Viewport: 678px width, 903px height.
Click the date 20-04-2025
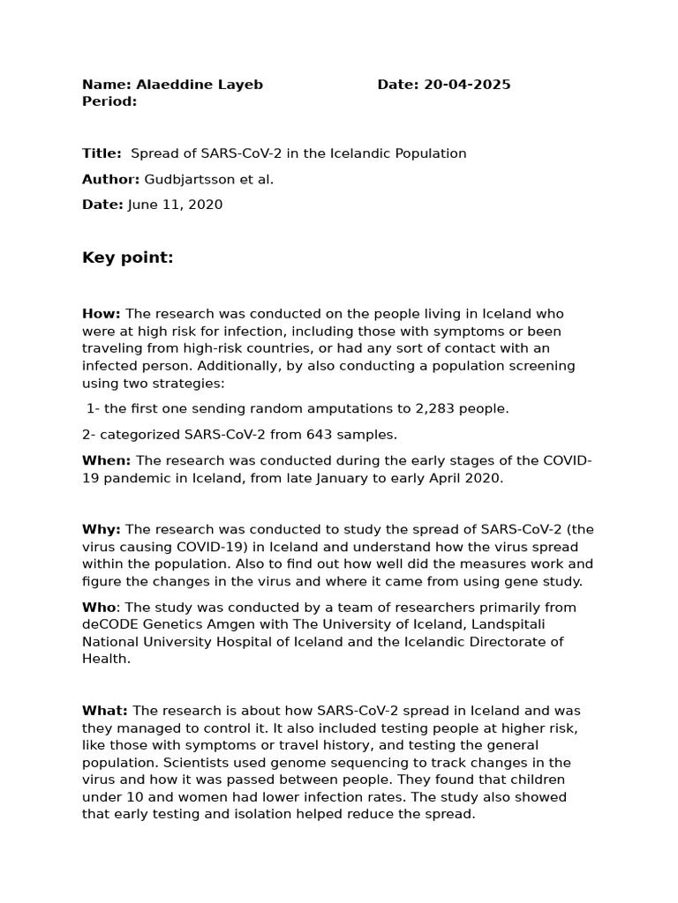coord(467,85)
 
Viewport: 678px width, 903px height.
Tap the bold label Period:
coord(109,101)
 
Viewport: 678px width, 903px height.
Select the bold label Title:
coord(102,153)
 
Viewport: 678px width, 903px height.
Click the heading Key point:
coord(128,257)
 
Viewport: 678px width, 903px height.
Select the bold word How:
coord(102,314)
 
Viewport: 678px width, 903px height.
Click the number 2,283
coord(410,408)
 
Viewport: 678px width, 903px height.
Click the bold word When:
coord(106,460)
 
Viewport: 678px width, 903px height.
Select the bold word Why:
coord(102,529)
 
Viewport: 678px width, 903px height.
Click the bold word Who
coord(99,607)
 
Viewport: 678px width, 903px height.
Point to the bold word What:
coord(105,711)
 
